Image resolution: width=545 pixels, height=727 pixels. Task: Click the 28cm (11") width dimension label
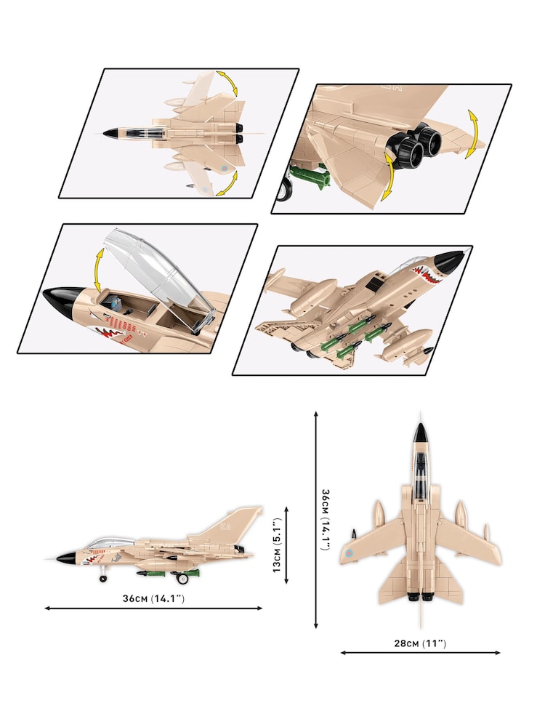tap(420, 643)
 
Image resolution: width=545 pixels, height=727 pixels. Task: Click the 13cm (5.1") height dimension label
tap(276, 545)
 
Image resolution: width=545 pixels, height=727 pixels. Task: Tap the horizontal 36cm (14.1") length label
tap(153, 598)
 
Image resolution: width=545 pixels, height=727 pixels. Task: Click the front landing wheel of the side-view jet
tap(102, 579)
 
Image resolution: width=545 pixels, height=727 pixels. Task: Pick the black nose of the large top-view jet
tap(419, 435)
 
